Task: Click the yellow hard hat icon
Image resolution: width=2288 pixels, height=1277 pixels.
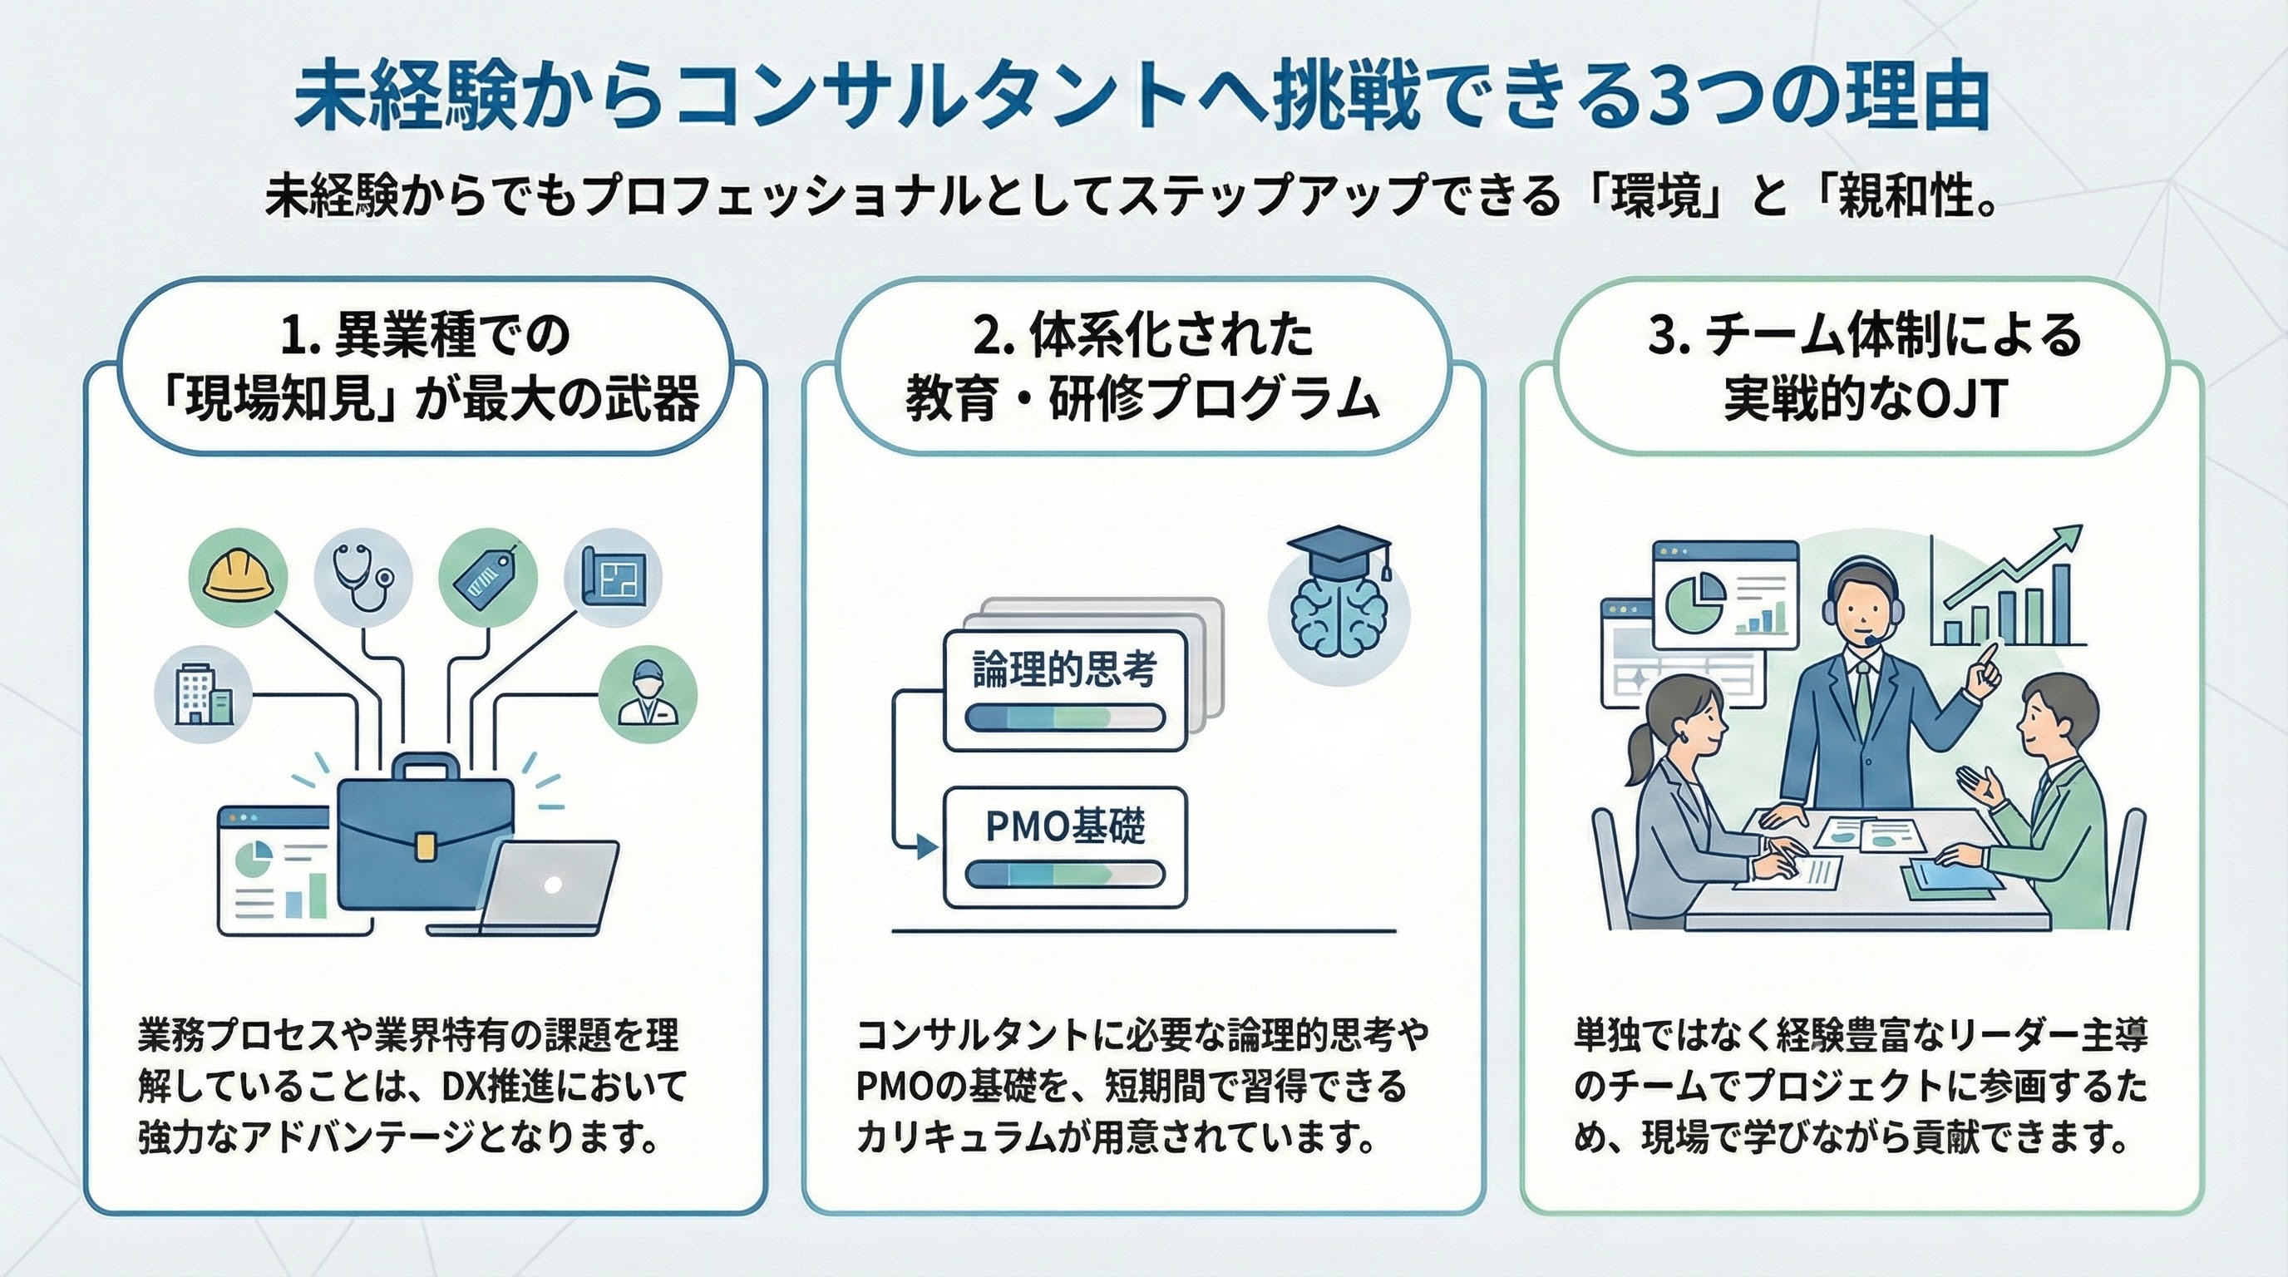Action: (x=238, y=577)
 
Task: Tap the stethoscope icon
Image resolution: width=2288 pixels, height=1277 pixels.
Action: (x=362, y=577)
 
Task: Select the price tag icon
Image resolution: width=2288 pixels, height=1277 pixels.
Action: (x=486, y=577)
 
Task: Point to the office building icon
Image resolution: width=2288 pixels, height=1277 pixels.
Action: (x=203, y=693)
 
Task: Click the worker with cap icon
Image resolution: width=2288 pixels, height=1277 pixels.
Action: (x=648, y=693)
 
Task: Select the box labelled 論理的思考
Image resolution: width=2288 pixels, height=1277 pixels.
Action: (x=1064, y=690)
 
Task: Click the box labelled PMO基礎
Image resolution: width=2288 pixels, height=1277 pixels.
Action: (x=1064, y=847)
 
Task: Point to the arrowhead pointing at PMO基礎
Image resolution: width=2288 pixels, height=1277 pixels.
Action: (x=927, y=846)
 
